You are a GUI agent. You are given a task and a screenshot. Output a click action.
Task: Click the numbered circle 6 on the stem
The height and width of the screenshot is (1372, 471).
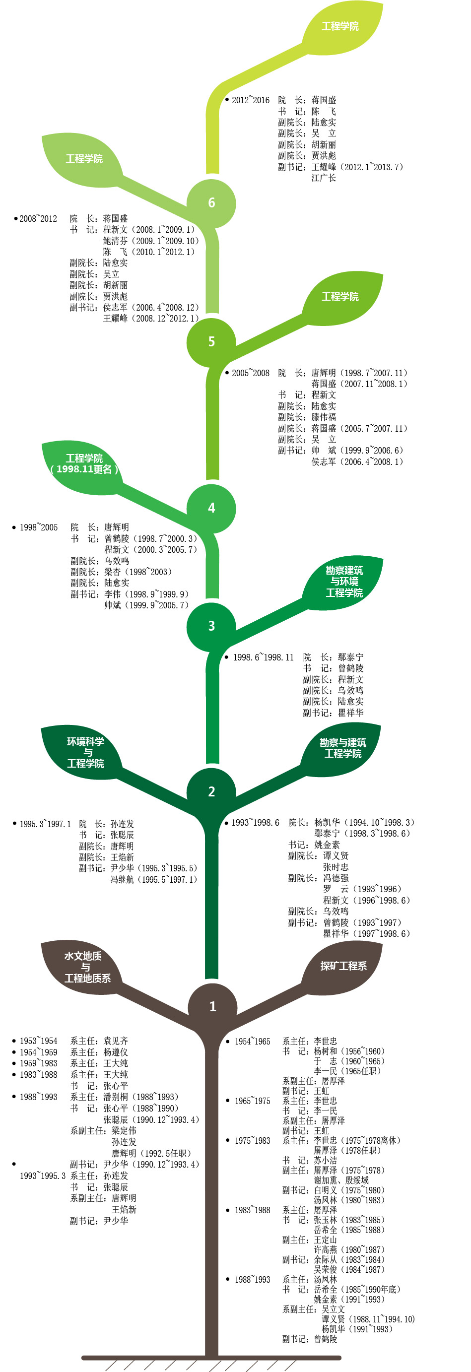click(x=211, y=203)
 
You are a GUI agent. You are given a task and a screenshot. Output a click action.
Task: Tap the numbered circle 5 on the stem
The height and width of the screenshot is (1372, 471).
click(x=211, y=342)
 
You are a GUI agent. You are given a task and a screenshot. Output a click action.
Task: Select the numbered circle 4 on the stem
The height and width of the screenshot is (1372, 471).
click(x=211, y=508)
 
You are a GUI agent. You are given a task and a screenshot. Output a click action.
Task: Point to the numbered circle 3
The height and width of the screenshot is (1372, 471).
click(x=211, y=626)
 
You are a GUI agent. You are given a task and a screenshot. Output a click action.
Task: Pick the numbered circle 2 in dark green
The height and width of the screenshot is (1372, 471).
click(x=211, y=792)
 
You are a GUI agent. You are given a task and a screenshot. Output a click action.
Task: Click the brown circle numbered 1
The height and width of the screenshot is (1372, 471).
click(x=212, y=1007)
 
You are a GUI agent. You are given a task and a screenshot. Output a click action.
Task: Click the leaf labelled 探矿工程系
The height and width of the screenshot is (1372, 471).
click(x=343, y=966)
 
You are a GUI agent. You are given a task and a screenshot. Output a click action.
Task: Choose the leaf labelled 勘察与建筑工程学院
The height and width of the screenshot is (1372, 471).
click(x=342, y=748)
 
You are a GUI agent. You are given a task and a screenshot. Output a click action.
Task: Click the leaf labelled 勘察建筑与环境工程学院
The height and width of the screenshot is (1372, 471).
click(x=343, y=582)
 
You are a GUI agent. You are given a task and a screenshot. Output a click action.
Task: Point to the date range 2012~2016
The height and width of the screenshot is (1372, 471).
click(x=251, y=100)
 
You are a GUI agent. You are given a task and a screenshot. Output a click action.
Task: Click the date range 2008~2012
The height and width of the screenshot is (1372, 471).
click(x=38, y=219)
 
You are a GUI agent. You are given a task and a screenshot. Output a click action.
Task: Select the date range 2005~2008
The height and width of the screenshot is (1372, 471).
click(x=251, y=373)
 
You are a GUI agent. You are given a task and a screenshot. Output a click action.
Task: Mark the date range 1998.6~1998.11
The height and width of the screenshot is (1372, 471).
click(x=263, y=658)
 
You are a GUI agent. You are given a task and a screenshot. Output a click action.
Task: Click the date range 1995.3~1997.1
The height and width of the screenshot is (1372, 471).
click(x=45, y=824)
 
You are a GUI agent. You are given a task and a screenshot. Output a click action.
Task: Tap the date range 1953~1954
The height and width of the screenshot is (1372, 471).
click(x=38, y=1041)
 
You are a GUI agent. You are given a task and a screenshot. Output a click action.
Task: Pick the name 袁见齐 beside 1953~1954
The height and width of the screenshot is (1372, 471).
click(x=116, y=1041)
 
